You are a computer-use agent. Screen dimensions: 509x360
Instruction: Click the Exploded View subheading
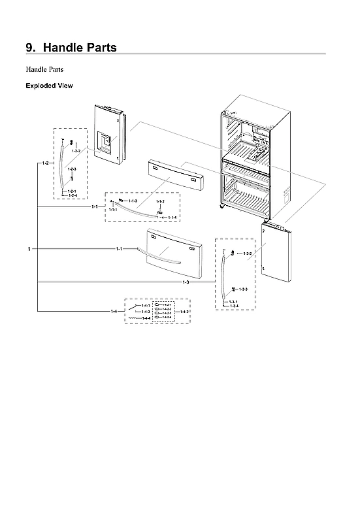[x=48, y=86]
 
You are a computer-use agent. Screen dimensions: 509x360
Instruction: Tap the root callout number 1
[x=29, y=250]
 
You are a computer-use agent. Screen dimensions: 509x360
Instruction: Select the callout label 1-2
[x=44, y=162]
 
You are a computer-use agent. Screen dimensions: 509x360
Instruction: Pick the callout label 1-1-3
[x=133, y=201]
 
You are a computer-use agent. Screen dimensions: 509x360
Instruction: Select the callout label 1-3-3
[x=242, y=289]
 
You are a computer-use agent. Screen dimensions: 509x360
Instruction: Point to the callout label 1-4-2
[x=184, y=312]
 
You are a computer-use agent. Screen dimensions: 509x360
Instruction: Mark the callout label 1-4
[x=114, y=312]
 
